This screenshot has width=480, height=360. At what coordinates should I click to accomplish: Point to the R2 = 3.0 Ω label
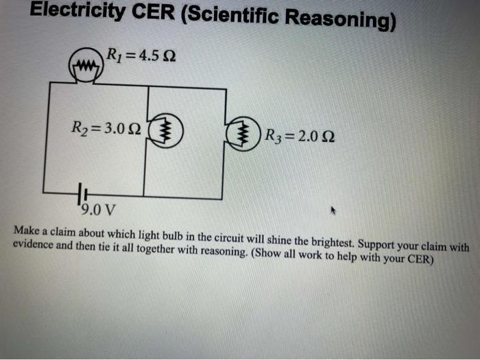[106, 128]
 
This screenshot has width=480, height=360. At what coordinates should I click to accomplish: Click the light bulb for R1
[84, 67]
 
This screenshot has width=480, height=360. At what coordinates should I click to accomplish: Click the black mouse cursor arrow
[334, 211]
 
